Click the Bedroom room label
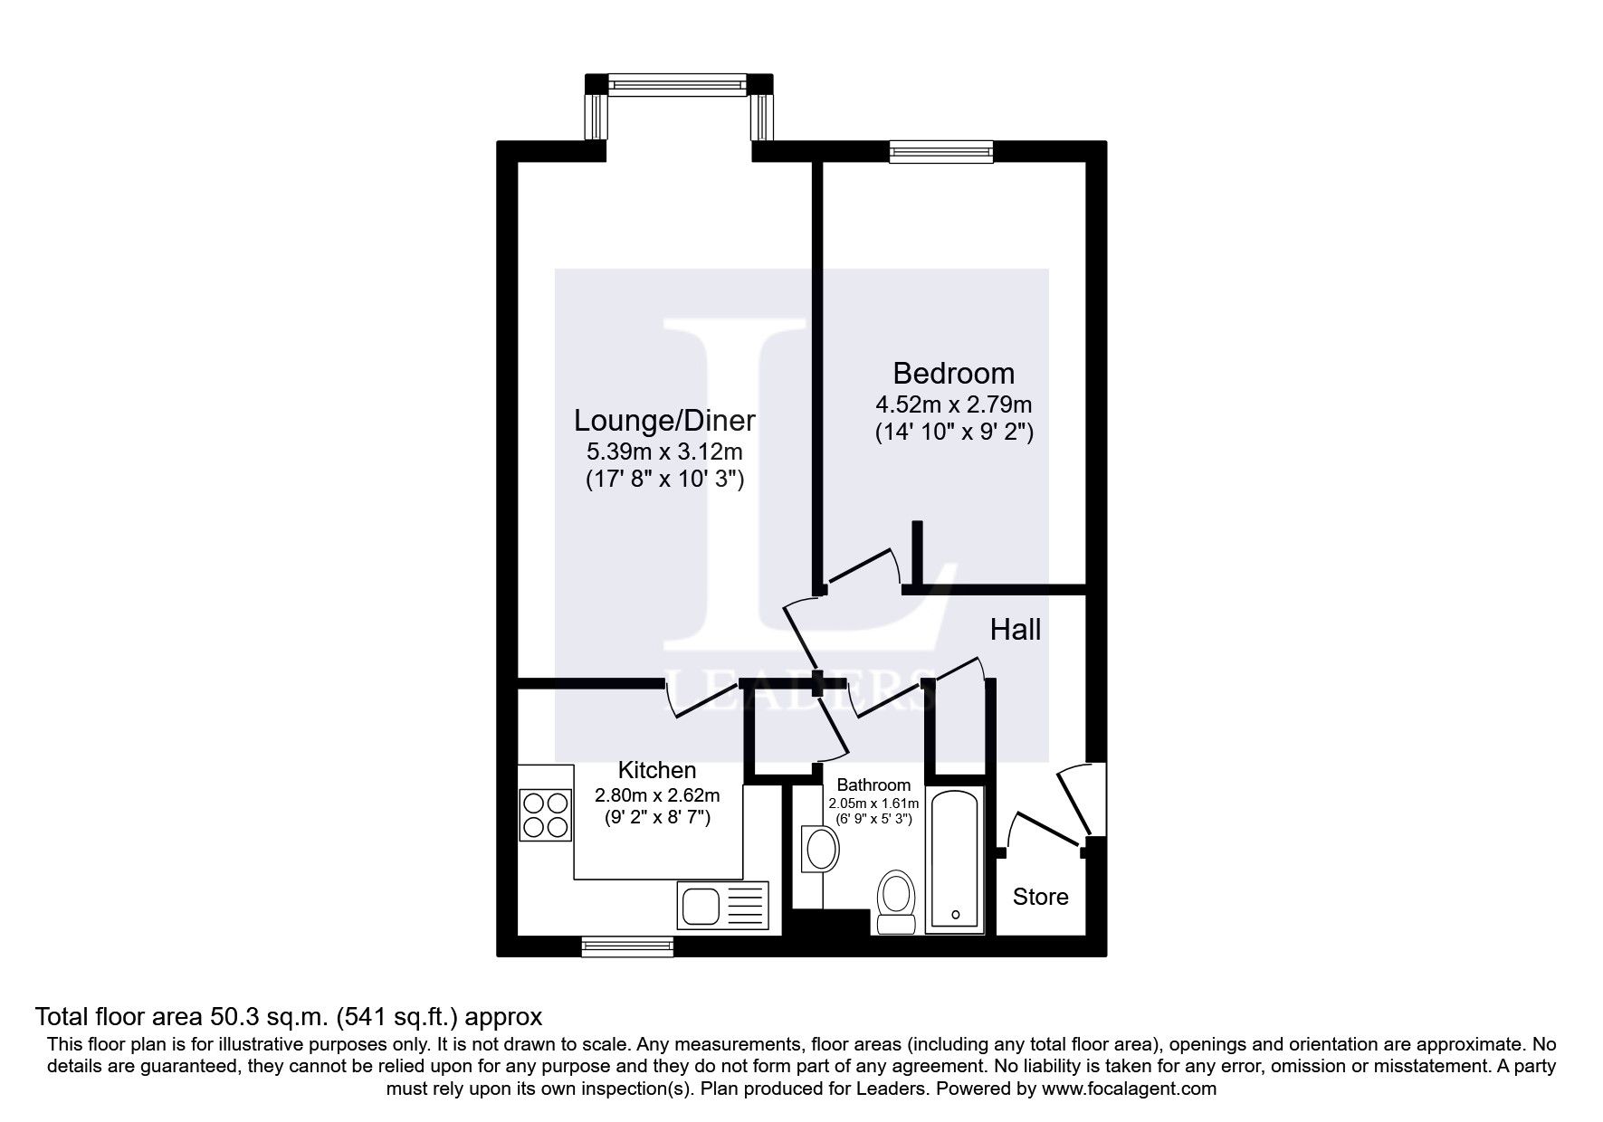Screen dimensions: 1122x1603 pyautogui.click(x=953, y=373)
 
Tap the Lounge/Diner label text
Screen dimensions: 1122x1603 pyautogui.click(x=664, y=421)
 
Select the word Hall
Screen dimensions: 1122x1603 pyautogui.click(x=1015, y=630)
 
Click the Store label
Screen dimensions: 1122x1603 pyautogui.click(x=1040, y=897)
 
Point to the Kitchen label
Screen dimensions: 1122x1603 pyautogui.click(x=656, y=770)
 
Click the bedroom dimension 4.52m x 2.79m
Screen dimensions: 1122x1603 pyautogui.click(x=953, y=404)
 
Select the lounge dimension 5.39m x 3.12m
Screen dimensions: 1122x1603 pyautogui.click(x=664, y=452)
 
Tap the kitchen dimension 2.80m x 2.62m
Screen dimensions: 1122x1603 pyautogui.click(x=656, y=796)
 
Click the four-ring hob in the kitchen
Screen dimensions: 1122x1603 pyautogui.click(x=546, y=815)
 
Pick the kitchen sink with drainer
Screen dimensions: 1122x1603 pyautogui.click(x=722, y=905)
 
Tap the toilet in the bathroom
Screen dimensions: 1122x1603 pyautogui.click(x=897, y=902)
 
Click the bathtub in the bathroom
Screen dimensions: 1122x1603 pyautogui.click(x=955, y=861)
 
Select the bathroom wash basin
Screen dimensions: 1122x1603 pyautogui.click(x=820, y=849)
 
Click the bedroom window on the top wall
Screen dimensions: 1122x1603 pyautogui.click(x=941, y=151)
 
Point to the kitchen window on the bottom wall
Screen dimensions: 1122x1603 pyautogui.click(x=627, y=946)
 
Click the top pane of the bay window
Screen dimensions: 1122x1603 pyautogui.click(x=678, y=84)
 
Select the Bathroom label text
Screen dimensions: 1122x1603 pyautogui.click(x=873, y=784)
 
